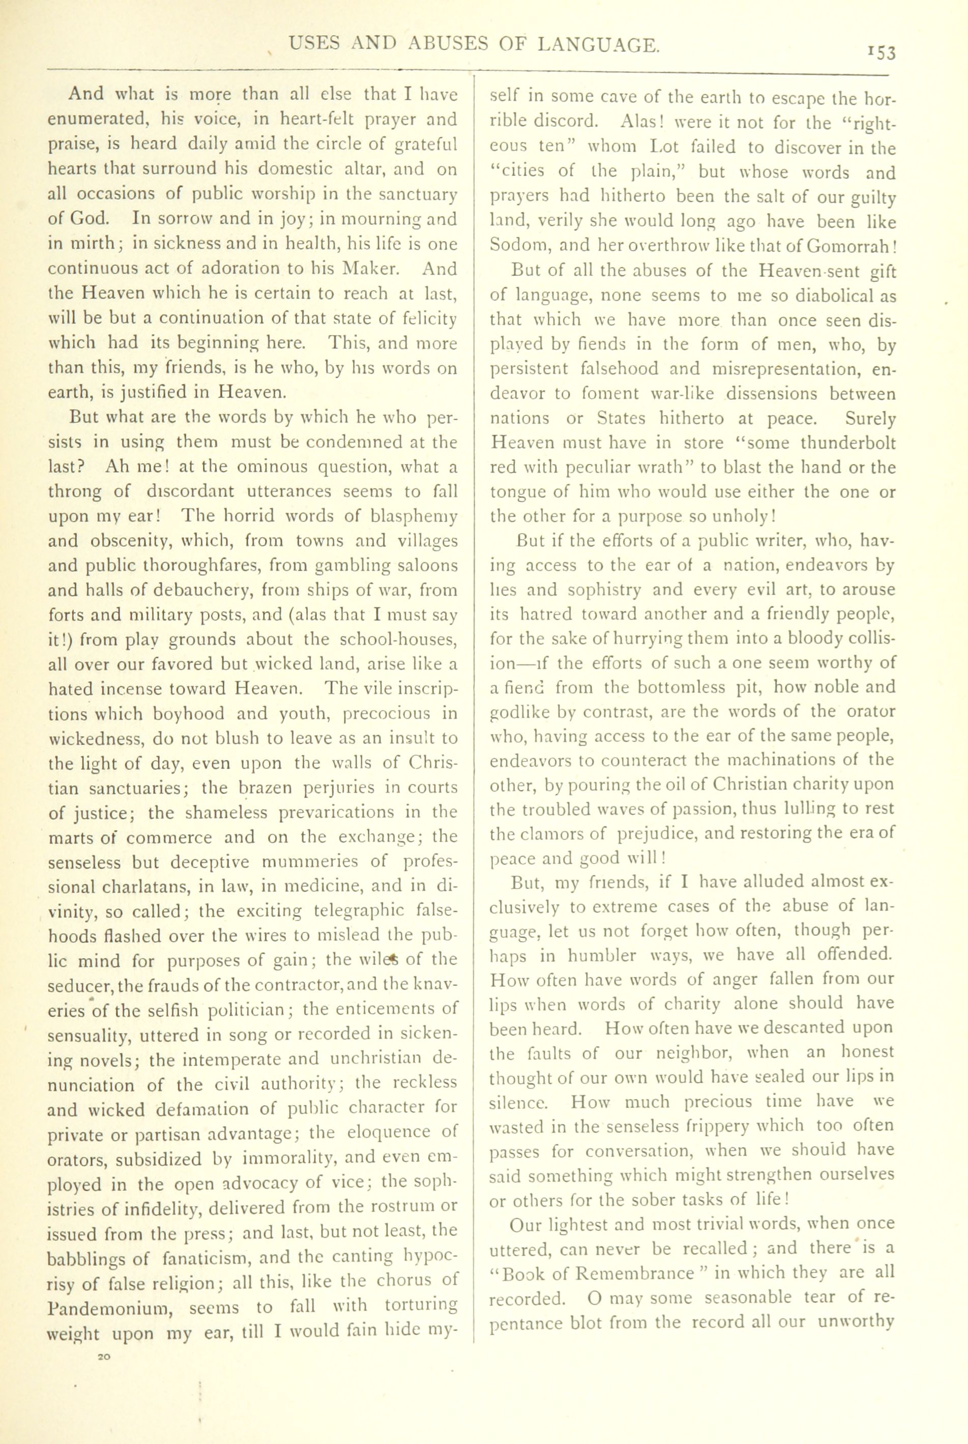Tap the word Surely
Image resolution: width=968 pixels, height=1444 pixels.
point(870,419)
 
